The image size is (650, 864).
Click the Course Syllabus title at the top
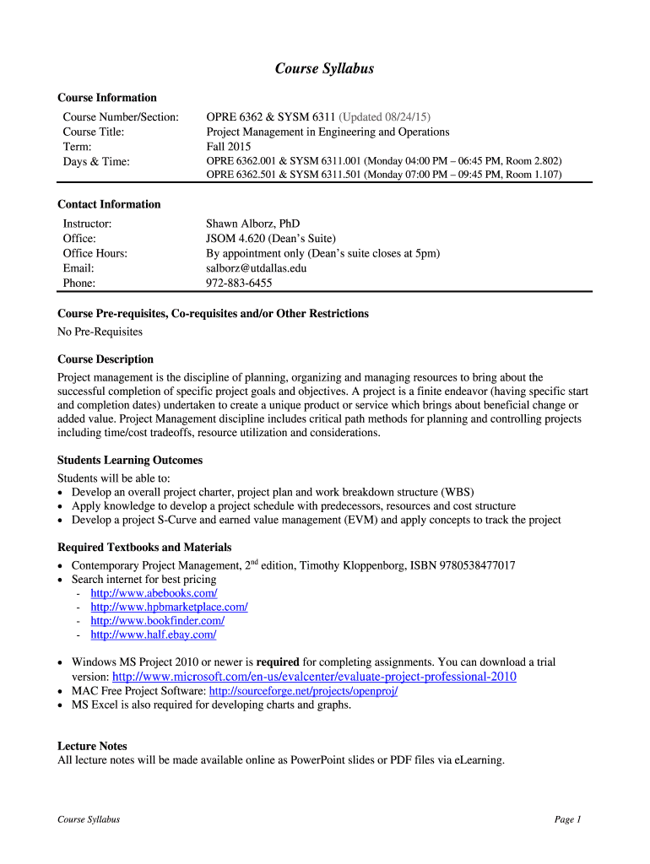tap(324, 69)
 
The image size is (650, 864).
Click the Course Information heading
tap(107, 98)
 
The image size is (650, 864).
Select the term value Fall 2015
tap(229, 146)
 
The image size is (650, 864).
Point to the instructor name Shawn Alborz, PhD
tap(253, 224)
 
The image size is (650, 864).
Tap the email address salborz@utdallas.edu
tap(257, 268)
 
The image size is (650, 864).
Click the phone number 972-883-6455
tap(239, 283)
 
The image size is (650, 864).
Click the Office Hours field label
tap(95, 254)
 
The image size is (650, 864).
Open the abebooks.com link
tap(148, 593)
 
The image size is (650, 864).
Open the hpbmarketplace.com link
tap(169, 607)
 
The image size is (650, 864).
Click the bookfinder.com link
tap(157, 620)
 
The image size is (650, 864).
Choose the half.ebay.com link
tap(153, 634)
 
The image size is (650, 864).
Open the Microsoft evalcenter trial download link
tap(314, 677)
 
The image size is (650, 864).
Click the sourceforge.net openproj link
tap(303, 691)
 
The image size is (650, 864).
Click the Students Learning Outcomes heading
tap(130, 461)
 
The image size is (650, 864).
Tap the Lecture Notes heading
tap(92, 746)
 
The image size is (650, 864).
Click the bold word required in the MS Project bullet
tap(278, 662)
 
